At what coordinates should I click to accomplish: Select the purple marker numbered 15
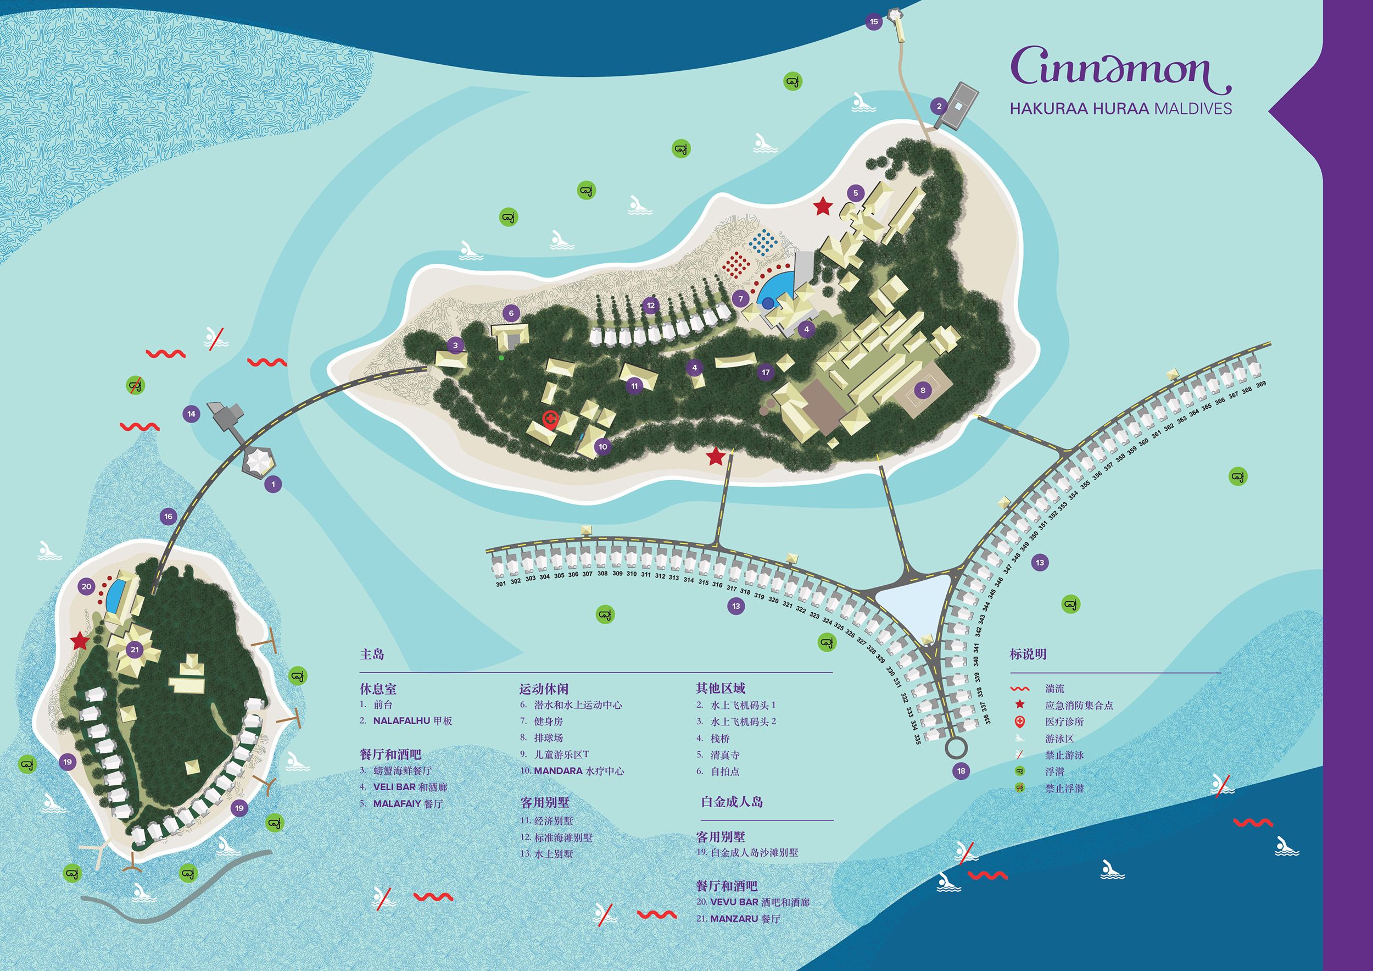tap(874, 22)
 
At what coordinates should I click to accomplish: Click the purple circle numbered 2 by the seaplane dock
tap(939, 107)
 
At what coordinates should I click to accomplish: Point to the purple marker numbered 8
tap(923, 390)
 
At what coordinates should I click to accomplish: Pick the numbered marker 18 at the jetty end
tap(961, 770)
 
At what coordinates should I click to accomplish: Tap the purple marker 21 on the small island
tap(135, 649)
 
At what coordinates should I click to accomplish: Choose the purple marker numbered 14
tap(191, 413)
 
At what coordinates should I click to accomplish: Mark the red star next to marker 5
tap(823, 207)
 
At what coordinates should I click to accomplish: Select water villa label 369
tap(1260, 385)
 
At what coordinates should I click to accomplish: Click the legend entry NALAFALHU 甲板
tap(412, 721)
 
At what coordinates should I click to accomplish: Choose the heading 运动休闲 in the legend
tap(544, 689)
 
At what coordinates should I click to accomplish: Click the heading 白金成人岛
tap(732, 802)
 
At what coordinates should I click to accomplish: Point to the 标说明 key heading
tap(1028, 654)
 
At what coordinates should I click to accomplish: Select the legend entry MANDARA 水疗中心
tap(579, 770)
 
